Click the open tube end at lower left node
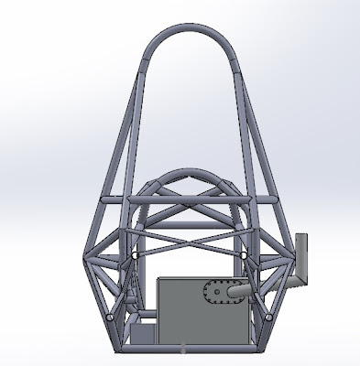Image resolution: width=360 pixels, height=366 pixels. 112,317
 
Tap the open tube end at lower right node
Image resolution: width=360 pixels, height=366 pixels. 267,317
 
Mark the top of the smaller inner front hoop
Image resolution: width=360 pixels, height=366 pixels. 191,171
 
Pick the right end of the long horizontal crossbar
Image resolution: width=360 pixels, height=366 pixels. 277,199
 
